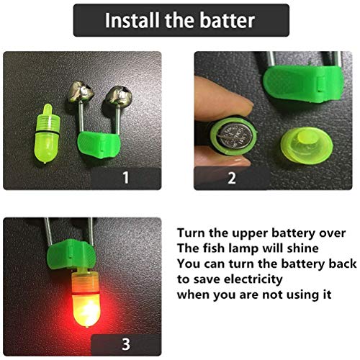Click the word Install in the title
click(x=132, y=20)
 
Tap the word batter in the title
click(x=228, y=20)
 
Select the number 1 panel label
click(x=125, y=178)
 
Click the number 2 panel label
click(x=232, y=178)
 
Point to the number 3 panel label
click(x=126, y=344)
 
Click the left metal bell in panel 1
click(x=80, y=92)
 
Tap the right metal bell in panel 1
click(x=118, y=96)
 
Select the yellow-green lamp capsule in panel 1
click(x=47, y=134)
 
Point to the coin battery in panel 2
click(x=236, y=136)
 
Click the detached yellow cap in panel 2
click(x=307, y=145)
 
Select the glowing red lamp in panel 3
click(x=86, y=299)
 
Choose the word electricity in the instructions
click(x=253, y=279)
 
